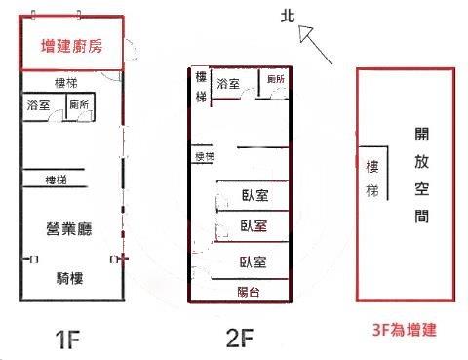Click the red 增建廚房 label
pos(72,45)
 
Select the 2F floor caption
pos(240,339)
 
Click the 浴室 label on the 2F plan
pos(230,84)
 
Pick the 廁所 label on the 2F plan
pos(275,79)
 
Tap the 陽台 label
pos(249,292)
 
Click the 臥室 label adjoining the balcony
pos(254,260)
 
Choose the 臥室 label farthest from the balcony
pos(254,195)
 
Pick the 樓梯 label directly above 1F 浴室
pos(66,84)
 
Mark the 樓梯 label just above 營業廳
pos(58,180)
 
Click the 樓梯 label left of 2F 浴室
pos(201,87)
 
